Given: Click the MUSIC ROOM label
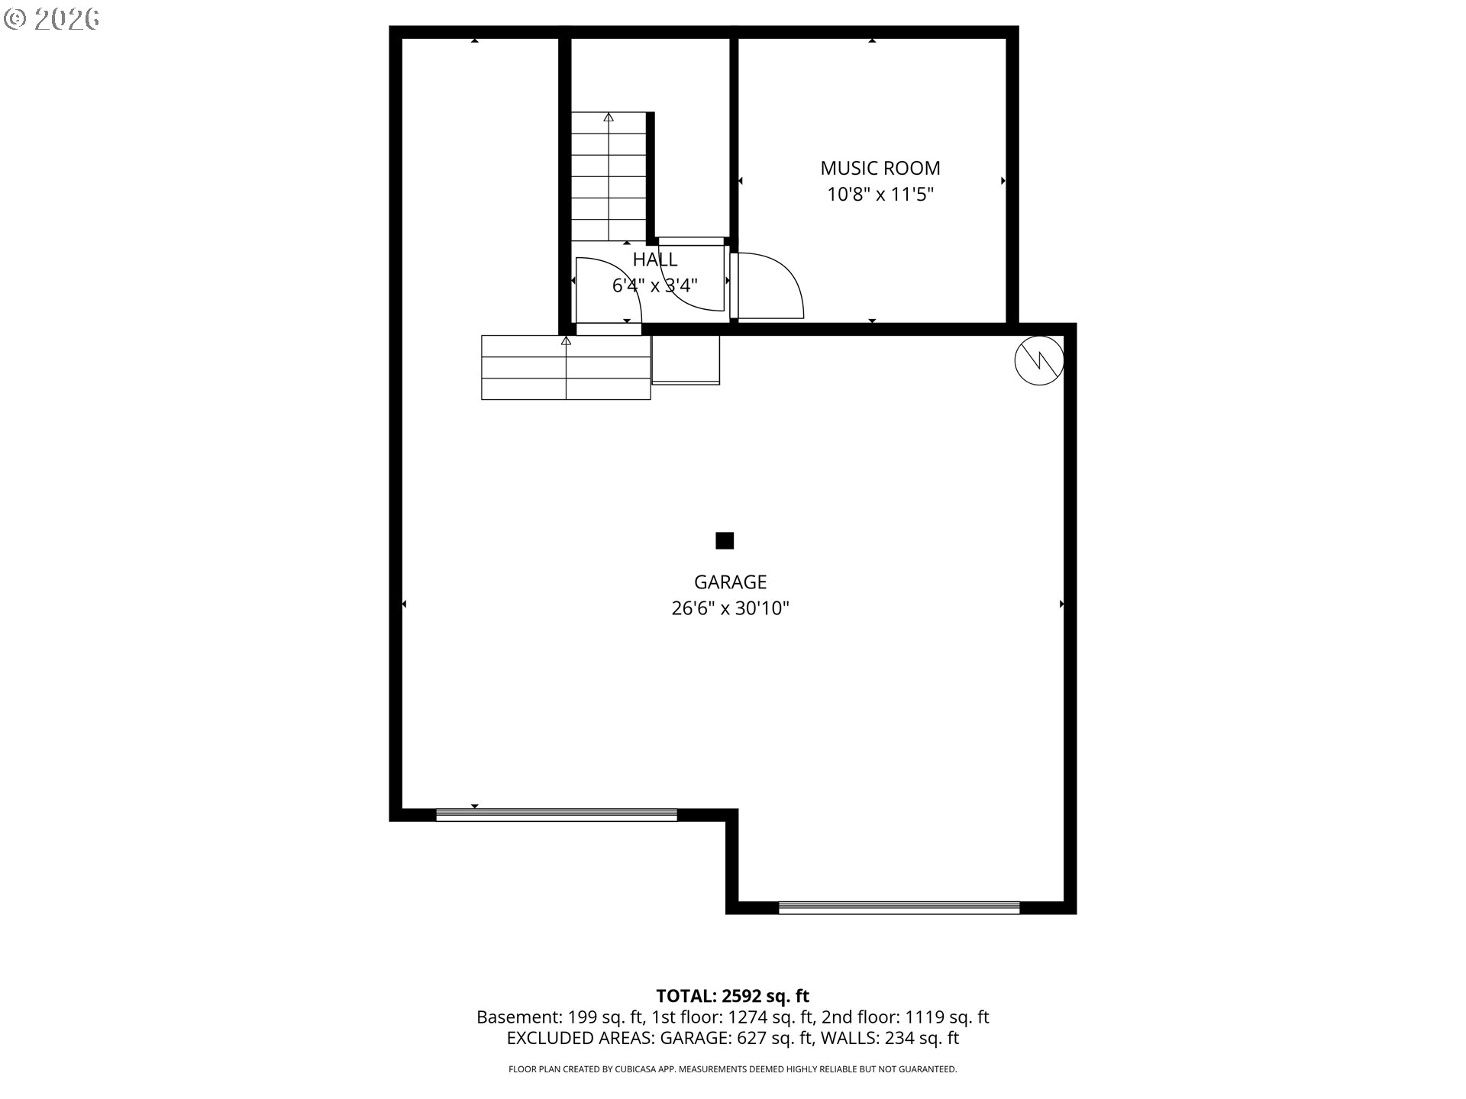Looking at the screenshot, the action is [x=880, y=168].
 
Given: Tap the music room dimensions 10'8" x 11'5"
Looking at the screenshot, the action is [x=880, y=195].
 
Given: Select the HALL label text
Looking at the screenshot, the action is [x=655, y=259].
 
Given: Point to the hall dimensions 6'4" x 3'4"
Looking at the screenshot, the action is [x=655, y=285].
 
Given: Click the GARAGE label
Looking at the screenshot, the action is [x=730, y=582].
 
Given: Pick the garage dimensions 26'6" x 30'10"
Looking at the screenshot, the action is [x=730, y=608].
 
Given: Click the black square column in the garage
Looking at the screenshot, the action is [x=725, y=541].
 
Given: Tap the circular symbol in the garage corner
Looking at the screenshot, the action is [x=1039, y=361].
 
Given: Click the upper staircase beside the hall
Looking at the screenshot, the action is [x=609, y=176].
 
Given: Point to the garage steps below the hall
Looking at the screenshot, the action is [x=566, y=367].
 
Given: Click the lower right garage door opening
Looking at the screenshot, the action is [x=899, y=907].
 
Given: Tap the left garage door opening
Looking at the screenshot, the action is [x=556, y=815].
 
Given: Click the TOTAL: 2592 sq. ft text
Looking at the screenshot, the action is [x=733, y=996].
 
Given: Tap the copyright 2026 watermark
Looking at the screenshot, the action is [x=52, y=19].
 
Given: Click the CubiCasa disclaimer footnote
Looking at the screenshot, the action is [x=733, y=1069].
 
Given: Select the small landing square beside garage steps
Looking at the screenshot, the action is [x=686, y=359].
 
